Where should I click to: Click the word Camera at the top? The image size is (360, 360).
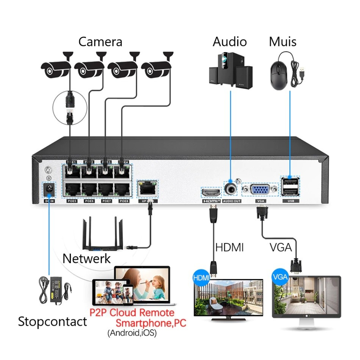100,42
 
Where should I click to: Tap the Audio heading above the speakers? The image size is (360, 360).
230,42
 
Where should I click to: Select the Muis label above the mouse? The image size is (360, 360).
283,42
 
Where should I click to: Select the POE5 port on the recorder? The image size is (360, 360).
72,189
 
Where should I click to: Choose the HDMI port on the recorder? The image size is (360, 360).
211,193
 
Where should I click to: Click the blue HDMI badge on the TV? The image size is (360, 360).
201,278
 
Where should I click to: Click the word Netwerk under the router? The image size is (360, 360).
86,258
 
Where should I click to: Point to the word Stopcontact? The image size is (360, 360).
53,321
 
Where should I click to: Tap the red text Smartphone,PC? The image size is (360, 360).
151,323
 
